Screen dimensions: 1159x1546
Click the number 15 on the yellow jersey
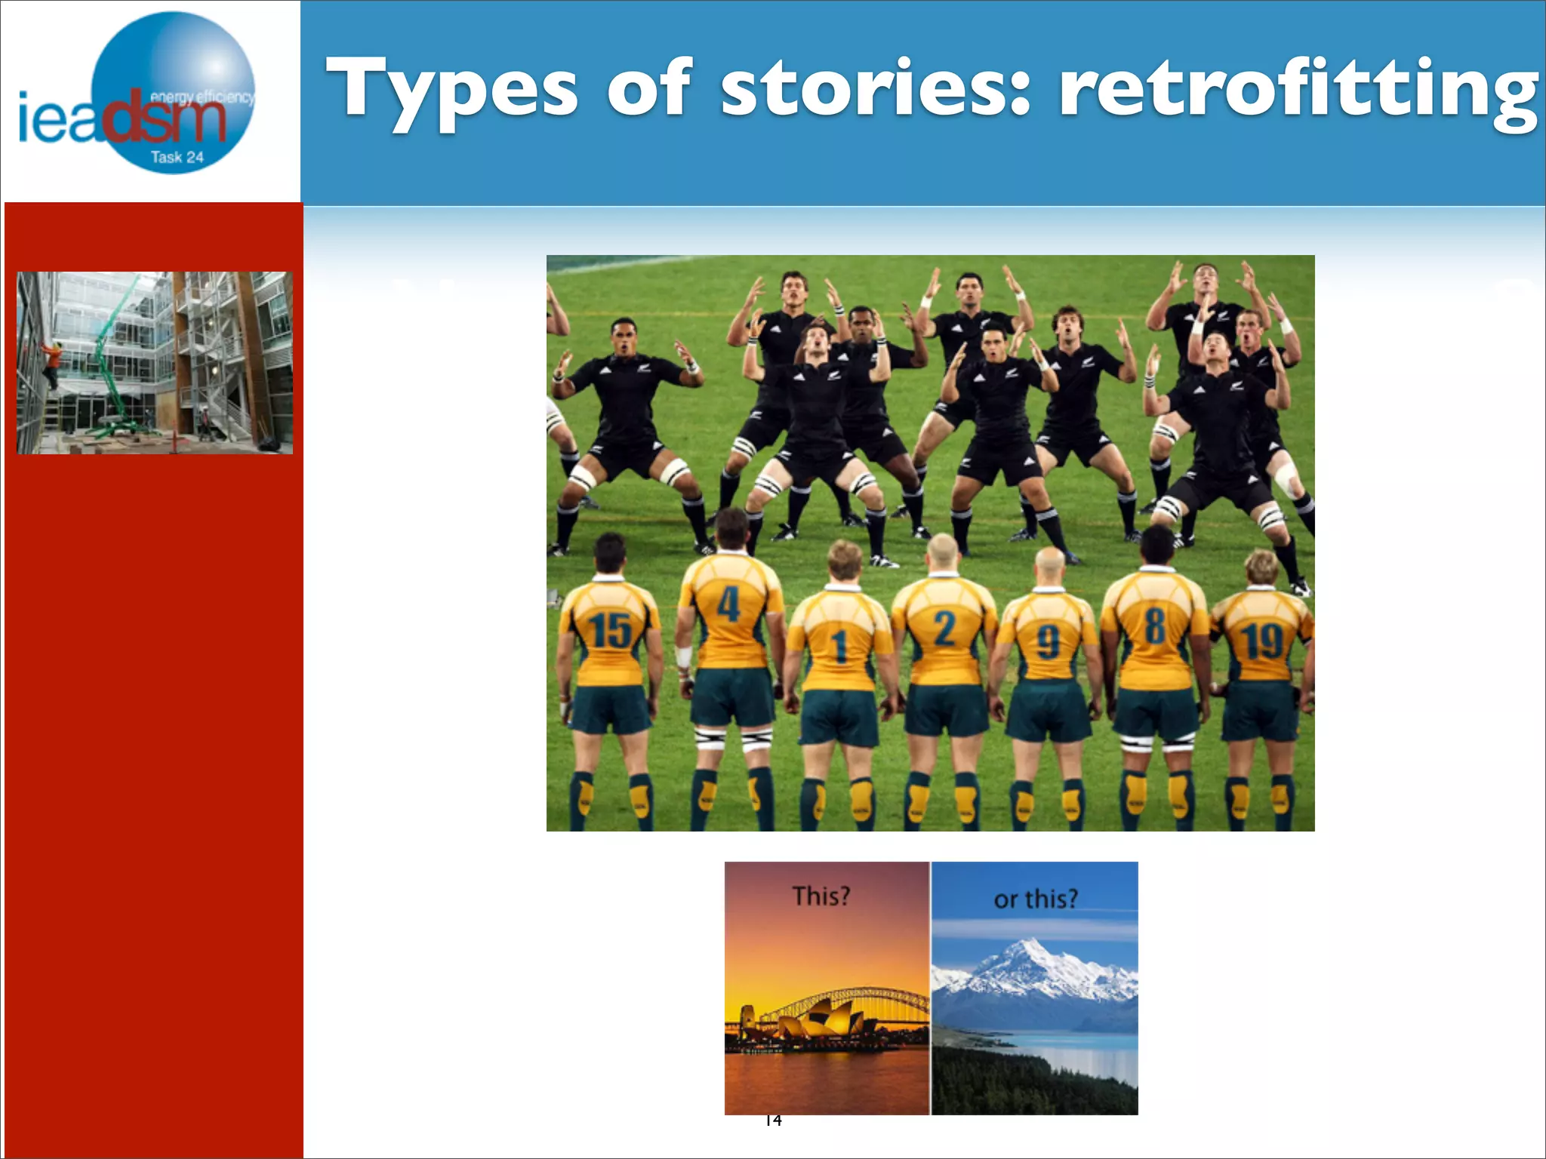pyautogui.click(x=610, y=630)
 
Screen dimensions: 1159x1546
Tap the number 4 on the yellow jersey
pyautogui.click(x=728, y=604)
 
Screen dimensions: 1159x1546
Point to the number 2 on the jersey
pyautogui.click(x=944, y=628)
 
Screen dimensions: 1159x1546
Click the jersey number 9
pyautogui.click(x=1048, y=642)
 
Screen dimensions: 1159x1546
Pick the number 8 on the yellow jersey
pyautogui.click(x=1154, y=626)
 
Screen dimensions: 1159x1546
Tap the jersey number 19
pyautogui.click(x=1263, y=641)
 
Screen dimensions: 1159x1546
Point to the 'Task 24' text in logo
pyautogui.click(x=177, y=158)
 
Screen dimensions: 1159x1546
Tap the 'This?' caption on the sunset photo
pyautogui.click(x=821, y=896)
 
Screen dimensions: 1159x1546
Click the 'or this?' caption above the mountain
pyautogui.click(x=1035, y=899)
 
